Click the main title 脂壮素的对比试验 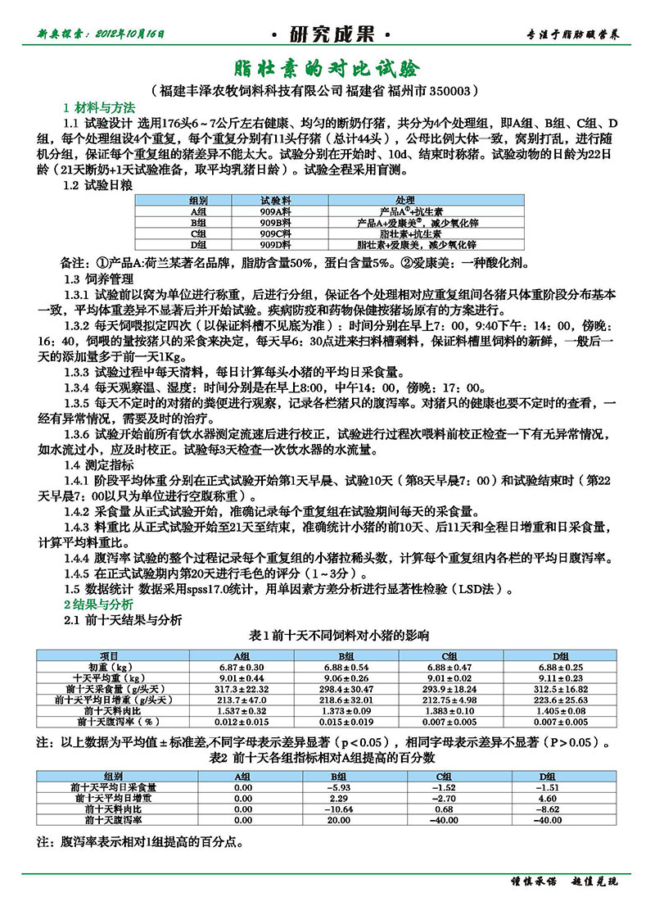327,67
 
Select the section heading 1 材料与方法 99,108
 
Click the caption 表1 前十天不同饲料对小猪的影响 327,636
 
